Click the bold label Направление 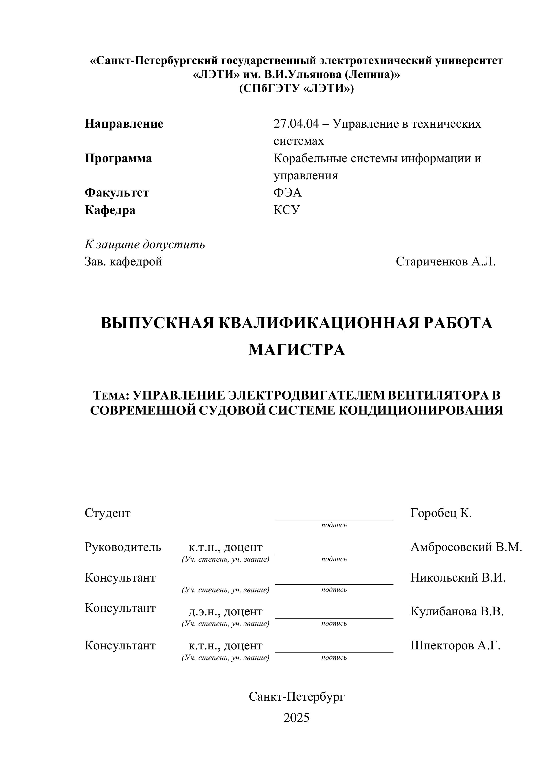(x=124, y=124)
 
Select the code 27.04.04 (x=296, y=124)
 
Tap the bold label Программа (x=118, y=158)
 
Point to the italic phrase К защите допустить (x=145, y=245)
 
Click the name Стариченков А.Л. (x=445, y=262)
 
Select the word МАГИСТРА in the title (x=297, y=350)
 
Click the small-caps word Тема (x=109, y=396)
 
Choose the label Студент (x=107, y=513)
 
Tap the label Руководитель (x=123, y=547)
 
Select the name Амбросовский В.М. (x=466, y=547)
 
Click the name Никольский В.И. (x=458, y=578)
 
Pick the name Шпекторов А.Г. (x=455, y=645)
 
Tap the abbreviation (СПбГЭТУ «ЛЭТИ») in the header (x=297, y=88)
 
